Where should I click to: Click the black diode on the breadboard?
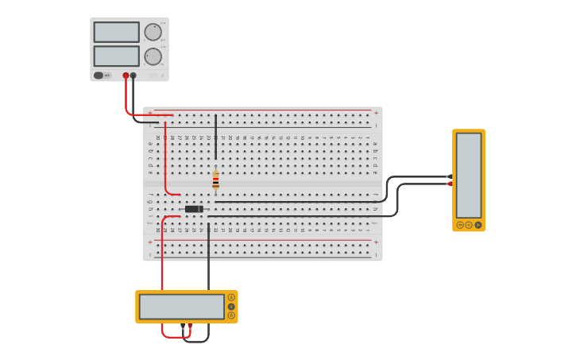[x=194, y=209]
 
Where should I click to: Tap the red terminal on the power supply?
[x=126, y=75]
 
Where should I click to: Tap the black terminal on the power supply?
[x=133, y=75]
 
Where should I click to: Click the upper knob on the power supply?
[x=153, y=32]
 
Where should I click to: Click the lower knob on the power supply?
[x=153, y=56]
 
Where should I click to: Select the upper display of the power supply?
[x=116, y=32]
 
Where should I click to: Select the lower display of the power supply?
[x=116, y=56]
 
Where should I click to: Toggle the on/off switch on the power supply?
[x=99, y=75]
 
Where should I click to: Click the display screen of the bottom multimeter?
[x=181, y=307]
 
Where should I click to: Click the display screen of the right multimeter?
[x=469, y=174]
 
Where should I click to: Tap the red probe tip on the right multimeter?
[x=450, y=184]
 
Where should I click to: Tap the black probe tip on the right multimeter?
[x=450, y=176]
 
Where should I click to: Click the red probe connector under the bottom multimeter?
[x=189, y=326]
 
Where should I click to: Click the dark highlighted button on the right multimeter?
[x=478, y=225]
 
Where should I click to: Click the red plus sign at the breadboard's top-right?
[x=376, y=113]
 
